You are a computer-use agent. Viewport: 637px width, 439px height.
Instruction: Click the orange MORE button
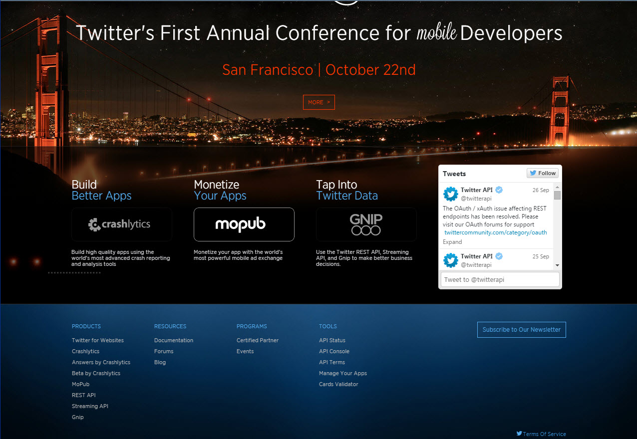click(319, 102)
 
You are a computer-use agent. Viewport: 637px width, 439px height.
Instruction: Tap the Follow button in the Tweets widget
click(542, 173)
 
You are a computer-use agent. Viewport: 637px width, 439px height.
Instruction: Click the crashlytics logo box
click(122, 224)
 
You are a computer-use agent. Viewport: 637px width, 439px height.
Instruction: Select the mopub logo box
click(244, 224)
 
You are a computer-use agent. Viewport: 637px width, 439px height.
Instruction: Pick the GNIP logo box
click(366, 224)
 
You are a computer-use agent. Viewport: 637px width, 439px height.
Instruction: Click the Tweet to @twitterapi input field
click(500, 279)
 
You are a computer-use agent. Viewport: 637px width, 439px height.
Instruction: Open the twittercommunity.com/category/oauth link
click(495, 232)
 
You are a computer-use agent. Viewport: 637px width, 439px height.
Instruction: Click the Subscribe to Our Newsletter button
click(522, 330)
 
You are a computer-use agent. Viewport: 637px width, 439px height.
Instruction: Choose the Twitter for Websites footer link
click(98, 340)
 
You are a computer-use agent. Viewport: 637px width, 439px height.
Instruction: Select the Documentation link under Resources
click(173, 340)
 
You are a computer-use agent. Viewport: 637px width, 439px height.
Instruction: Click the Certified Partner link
click(258, 340)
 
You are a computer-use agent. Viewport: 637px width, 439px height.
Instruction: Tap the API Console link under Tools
click(334, 351)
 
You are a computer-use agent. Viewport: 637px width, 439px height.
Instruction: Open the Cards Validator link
click(338, 384)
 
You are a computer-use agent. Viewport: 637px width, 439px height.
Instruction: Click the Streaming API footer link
click(90, 406)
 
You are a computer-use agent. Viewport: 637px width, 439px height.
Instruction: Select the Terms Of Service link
click(544, 434)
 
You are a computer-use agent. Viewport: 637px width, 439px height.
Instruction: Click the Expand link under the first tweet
click(452, 242)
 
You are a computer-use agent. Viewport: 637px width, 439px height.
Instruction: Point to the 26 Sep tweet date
click(541, 190)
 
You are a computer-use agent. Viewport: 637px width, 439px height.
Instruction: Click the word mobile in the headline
click(436, 31)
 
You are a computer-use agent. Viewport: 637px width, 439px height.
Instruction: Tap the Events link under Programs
click(245, 351)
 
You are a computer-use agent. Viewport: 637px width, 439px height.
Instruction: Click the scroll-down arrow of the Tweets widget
click(557, 265)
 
